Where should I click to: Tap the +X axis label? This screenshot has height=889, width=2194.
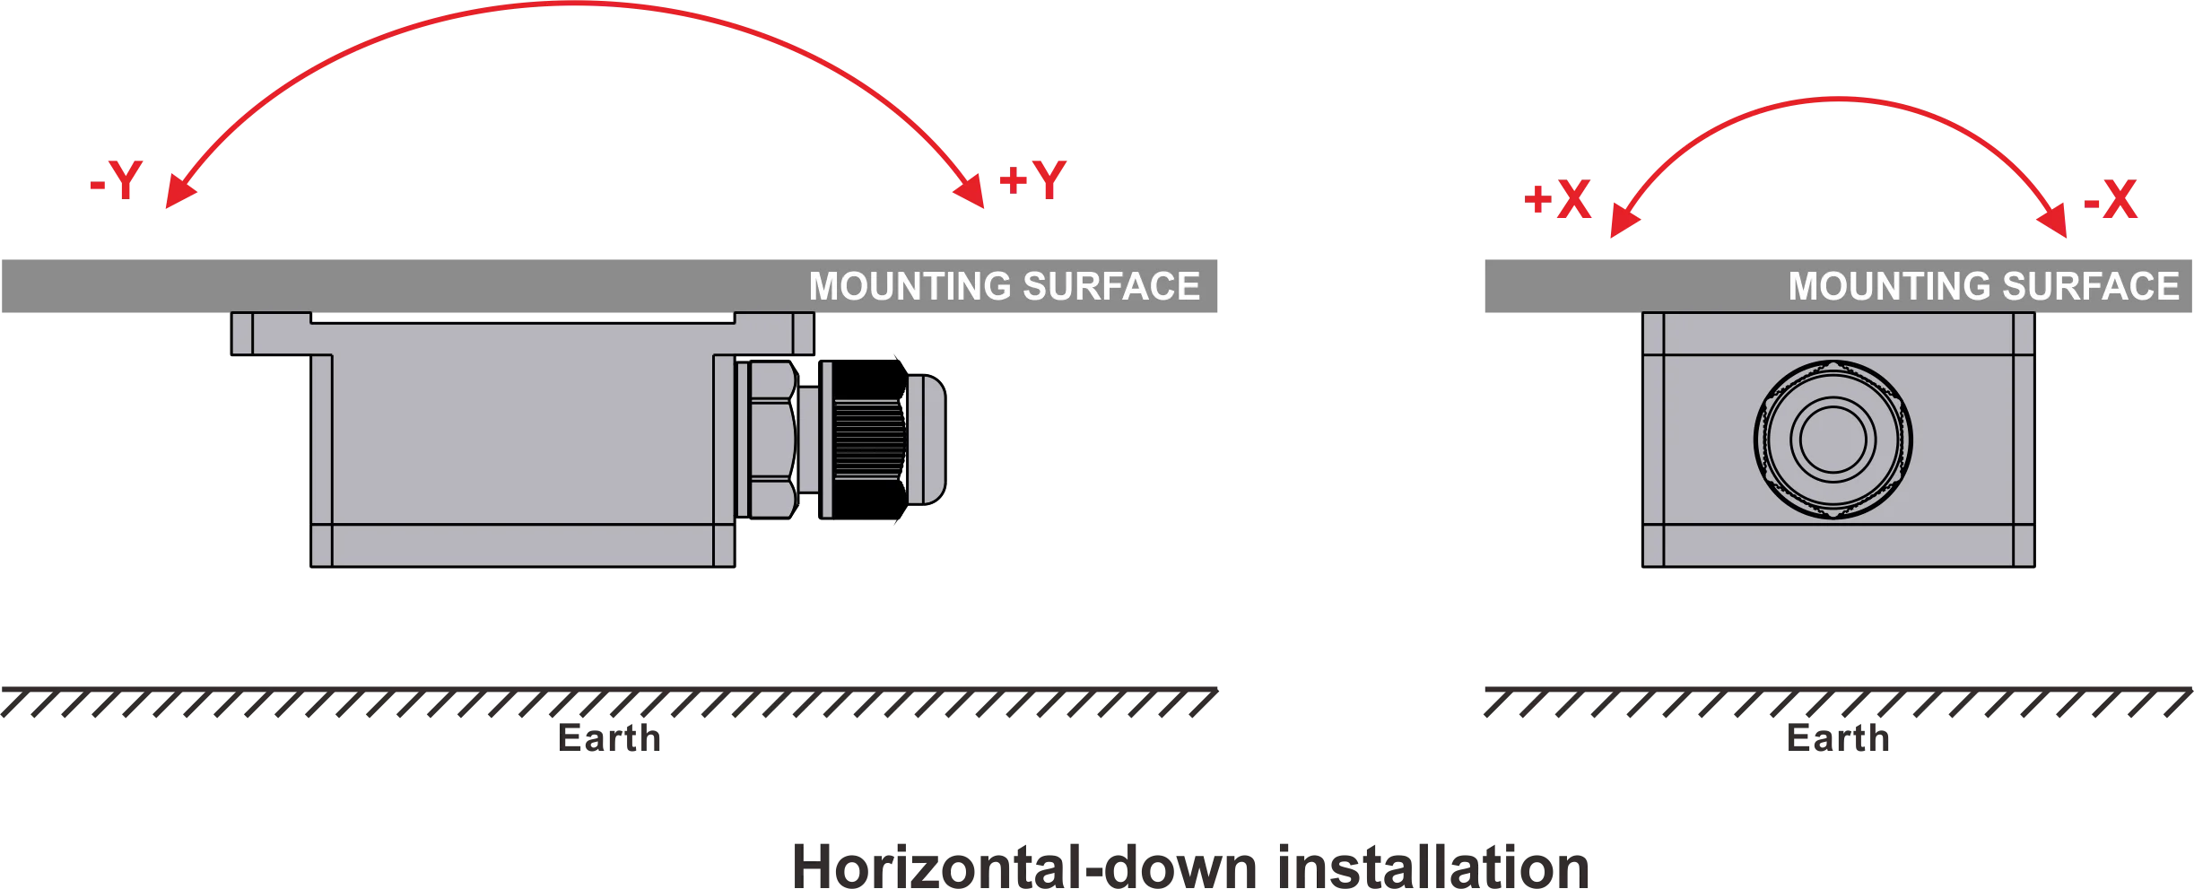[1557, 202]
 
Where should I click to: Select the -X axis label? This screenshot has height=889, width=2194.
[2111, 202]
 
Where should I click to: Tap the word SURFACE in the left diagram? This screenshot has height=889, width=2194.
[1111, 287]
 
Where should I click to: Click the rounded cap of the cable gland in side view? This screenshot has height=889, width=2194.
[927, 440]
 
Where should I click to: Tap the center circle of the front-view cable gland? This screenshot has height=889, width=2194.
[1833, 440]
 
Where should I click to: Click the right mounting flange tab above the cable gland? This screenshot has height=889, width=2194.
[775, 334]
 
